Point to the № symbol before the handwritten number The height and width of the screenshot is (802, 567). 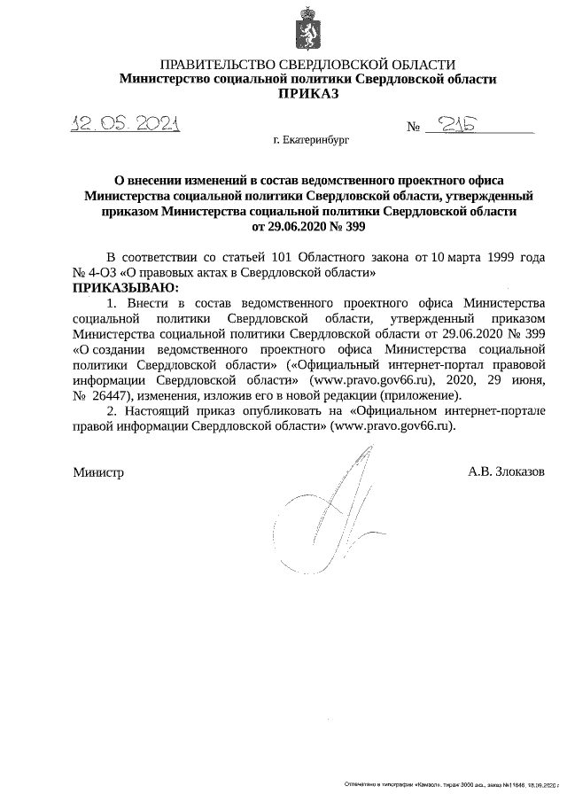click(x=413, y=128)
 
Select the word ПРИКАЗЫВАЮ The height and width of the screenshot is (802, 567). click(x=125, y=288)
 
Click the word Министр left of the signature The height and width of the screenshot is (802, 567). click(x=98, y=471)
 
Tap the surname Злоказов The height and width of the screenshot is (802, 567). click(x=520, y=471)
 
